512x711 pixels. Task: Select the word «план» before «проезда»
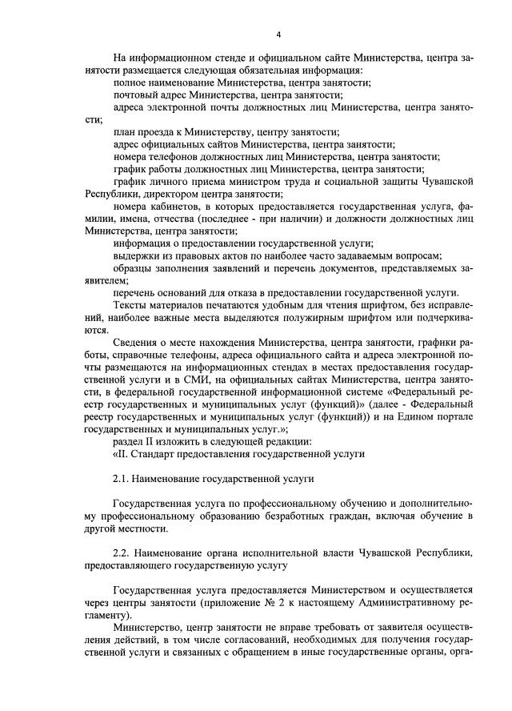pyautogui.click(x=126, y=132)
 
